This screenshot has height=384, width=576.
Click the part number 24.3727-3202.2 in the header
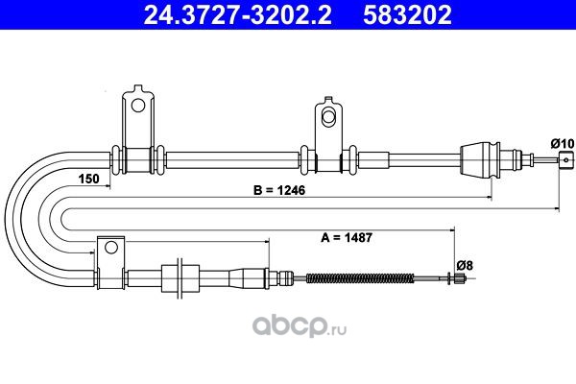237,14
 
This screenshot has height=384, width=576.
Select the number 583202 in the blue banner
407,14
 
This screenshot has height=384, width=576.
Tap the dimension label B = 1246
279,190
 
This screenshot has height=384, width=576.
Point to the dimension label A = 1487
347,237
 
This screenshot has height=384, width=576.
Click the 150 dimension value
89,179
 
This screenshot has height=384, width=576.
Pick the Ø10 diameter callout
562,144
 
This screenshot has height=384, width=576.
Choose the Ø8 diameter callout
465,265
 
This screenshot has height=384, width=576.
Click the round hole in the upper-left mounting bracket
138,106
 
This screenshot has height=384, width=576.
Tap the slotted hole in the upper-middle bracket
328,116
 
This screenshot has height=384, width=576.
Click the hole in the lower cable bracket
111,248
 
